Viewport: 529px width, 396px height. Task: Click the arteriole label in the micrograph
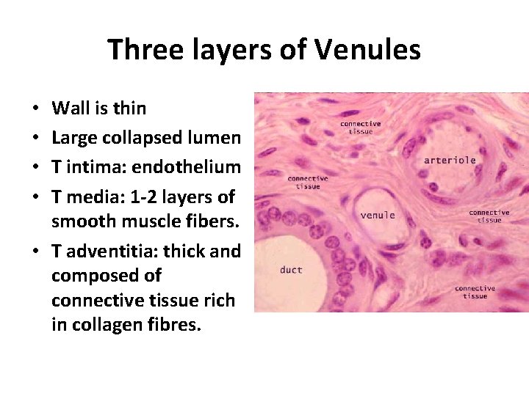click(450, 160)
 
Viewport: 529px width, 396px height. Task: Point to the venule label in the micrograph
click(377, 215)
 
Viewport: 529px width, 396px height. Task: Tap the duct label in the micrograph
click(291, 270)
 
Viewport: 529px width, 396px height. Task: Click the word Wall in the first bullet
click(71, 109)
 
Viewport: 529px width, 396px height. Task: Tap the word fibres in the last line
click(176, 324)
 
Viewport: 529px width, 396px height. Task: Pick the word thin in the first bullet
click(129, 109)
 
